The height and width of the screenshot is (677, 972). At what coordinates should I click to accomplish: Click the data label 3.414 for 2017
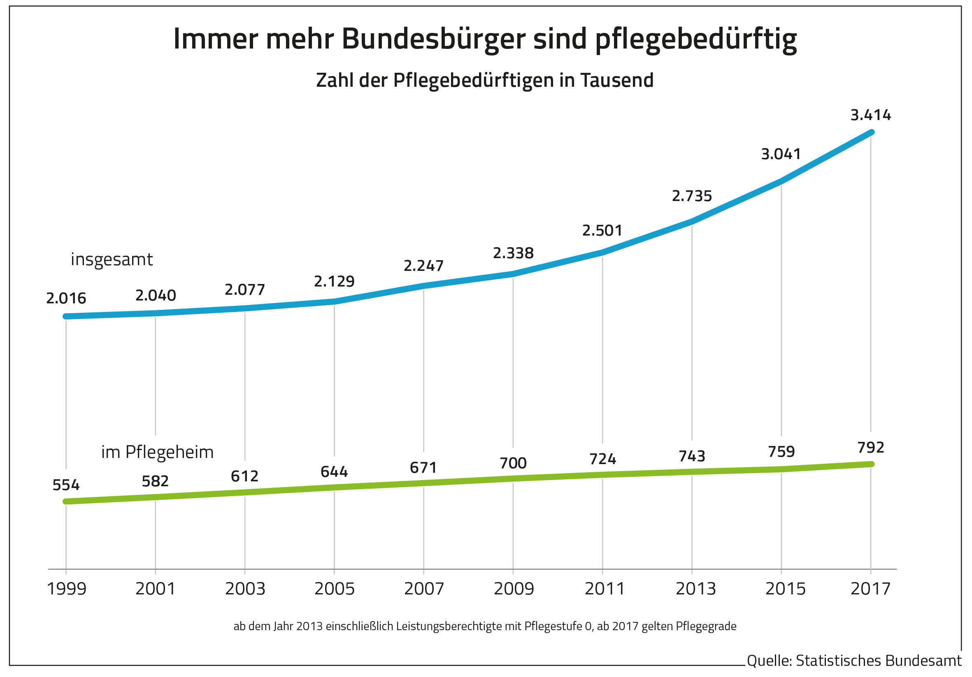pyautogui.click(x=870, y=115)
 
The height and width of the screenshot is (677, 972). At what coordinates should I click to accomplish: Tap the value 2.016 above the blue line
pyautogui.click(x=66, y=298)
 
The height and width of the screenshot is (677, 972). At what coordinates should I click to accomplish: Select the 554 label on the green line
pyautogui.click(x=66, y=485)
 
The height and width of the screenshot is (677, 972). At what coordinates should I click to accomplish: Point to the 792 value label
pyautogui.click(x=870, y=447)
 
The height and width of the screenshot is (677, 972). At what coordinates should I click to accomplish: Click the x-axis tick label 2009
pyautogui.click(x=514, y=589)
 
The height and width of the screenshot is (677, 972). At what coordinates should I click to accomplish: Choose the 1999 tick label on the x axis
pyautogui.click(x=67, y=589)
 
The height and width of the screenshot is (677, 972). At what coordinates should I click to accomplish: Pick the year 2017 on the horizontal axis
pyautogui.click(x=870, y=589)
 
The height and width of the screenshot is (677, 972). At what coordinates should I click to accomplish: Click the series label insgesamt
pyautogui.click(x=112, y=260)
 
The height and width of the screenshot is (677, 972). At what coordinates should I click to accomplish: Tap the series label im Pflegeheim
pyautogui.click(x=158, y=453)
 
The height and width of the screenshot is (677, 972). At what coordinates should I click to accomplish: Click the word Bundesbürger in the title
pyautogui.click(x=433, y=39)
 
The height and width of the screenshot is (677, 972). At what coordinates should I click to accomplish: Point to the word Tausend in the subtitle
pyautogui.click(x=617, y=80)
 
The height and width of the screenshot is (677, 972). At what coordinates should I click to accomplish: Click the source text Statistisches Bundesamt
pyautogui.click(x=879, y=661)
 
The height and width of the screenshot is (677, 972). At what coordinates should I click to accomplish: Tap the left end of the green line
pyautogui.click(x=66, y=501)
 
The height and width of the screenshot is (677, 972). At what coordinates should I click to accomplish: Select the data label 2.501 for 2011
pyautogui.click(x=602, y=231)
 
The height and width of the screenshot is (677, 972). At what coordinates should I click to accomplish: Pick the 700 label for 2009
pyautogui.click(x=513, y=463)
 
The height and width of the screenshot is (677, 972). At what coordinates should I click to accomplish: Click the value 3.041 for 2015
pyautogui.click(x=781, y=154)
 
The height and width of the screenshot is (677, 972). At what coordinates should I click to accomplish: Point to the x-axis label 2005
pyautogui.click(x=335, y=589)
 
